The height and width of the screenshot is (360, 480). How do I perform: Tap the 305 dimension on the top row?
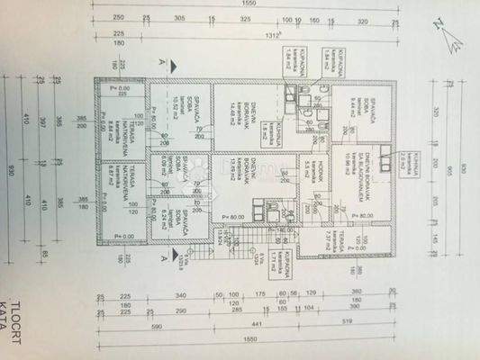tap(179, 18)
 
